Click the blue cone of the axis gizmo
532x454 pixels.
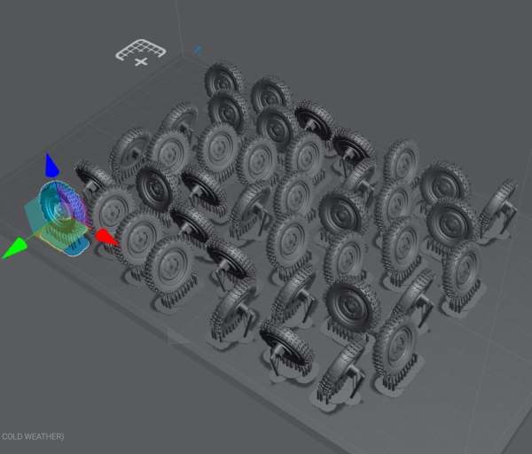(x=51, y=165)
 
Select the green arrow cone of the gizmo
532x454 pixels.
(x=15, y=248)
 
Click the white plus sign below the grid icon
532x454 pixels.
(x=141, y=62)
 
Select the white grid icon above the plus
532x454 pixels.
(x=140, y=49)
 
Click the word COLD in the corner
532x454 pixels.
(x=13, y=436)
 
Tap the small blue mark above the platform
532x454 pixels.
(x=198, y=51)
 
